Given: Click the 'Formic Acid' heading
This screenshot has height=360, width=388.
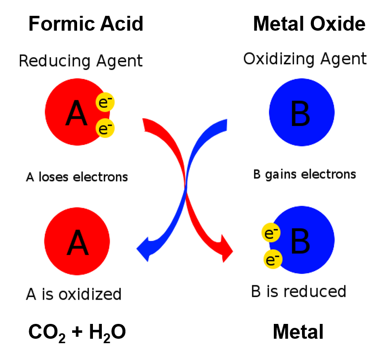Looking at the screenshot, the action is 86,24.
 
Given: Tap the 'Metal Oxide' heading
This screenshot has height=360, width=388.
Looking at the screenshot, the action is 309,24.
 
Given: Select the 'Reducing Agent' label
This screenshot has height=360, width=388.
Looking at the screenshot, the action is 81,61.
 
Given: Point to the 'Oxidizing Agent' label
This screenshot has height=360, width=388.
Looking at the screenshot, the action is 305,59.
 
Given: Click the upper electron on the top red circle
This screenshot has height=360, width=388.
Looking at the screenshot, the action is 105,102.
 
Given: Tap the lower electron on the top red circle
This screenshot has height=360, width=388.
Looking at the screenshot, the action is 105,128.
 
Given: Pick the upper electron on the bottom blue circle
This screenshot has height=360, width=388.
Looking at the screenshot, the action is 271,232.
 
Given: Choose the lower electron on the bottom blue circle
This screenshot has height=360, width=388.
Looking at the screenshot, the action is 273,259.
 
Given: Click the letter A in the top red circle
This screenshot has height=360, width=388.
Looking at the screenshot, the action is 77,113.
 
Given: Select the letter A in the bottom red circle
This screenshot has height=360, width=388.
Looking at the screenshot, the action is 78,242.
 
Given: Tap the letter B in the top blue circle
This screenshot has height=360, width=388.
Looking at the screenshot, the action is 300,113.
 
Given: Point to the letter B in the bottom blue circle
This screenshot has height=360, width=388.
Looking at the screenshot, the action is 300,241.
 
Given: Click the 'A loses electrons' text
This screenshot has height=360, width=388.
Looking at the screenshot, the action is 77,177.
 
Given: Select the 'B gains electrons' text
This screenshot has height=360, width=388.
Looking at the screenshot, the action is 304,175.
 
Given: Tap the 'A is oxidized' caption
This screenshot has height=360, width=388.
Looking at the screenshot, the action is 74,294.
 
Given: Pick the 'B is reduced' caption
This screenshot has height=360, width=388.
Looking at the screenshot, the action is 299,291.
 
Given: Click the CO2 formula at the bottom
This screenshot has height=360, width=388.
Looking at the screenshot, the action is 47,332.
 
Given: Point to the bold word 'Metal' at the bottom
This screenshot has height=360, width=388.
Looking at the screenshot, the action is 298,331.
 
